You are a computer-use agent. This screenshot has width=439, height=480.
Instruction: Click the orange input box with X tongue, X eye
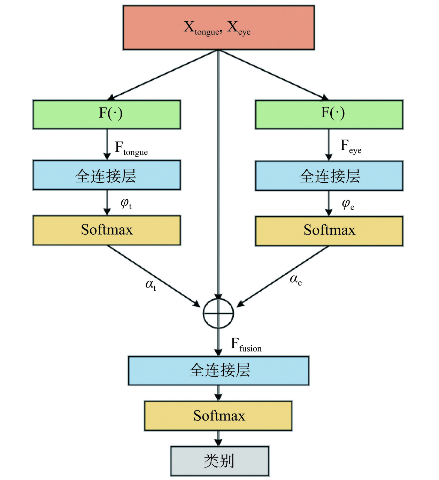coord(218,27)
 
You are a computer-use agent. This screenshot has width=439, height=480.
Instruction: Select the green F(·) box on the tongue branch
coord(107,115)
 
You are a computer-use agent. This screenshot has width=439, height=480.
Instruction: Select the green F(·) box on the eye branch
coord(329,115)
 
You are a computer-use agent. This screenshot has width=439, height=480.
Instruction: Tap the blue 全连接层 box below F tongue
coord(107,175)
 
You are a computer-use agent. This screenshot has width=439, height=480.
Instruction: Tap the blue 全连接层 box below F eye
coord(329,176)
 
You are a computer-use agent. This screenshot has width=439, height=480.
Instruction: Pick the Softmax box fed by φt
coord(107,230)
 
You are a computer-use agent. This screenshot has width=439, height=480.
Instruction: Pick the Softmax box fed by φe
coord(329,231)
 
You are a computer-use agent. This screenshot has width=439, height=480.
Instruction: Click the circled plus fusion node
coord(218,313)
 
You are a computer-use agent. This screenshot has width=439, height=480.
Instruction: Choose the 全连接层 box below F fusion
coord(218,370)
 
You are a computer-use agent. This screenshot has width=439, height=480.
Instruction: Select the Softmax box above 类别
coord(218,416)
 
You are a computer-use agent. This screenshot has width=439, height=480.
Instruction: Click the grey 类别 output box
coord(219,461)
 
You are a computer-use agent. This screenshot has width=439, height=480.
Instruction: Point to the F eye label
coord(351,147)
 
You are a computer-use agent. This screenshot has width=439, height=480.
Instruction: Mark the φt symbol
coord(126,203)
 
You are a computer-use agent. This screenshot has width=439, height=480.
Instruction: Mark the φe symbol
coord(348,204)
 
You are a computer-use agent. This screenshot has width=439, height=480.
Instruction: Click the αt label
coord(151,285)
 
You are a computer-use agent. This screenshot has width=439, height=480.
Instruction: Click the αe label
coord(295,279)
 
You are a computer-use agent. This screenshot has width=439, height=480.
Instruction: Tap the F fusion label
coord(246,345)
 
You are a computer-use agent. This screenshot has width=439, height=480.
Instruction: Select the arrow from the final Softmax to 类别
coord(218,438)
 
